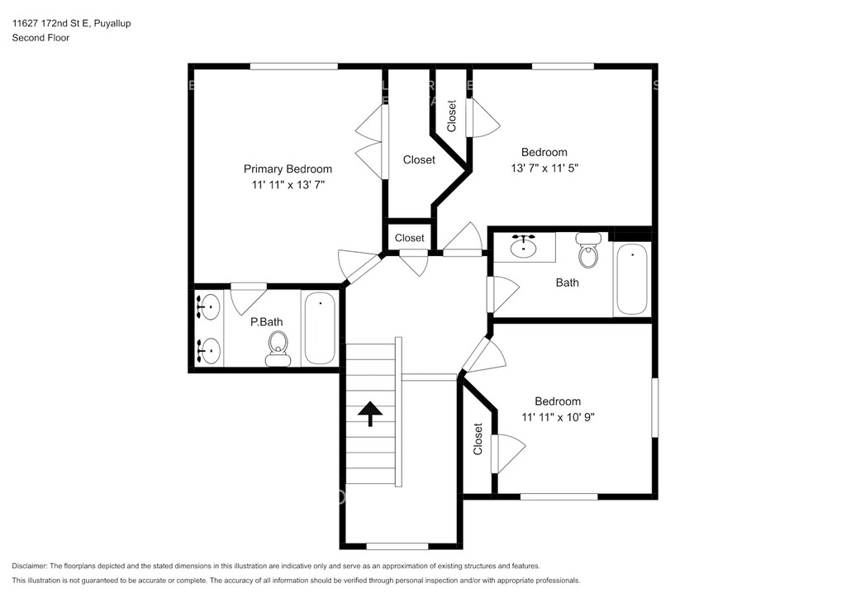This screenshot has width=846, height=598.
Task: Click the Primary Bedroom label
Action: coord(288,168)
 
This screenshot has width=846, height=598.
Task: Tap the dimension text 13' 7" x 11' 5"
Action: coord(544,168)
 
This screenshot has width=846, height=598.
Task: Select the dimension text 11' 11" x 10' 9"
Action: coord(558,417)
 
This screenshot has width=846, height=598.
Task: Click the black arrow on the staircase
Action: coord(370,414)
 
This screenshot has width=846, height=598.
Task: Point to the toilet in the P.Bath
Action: coord(278,349)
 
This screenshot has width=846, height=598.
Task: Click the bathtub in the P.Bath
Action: coord(320,328)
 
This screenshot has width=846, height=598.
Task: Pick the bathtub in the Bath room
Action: coord(632,279)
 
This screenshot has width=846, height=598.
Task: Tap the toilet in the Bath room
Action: coord(588,250)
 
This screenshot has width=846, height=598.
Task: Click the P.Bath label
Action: coord(267,322)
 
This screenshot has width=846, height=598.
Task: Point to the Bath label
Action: coord(567,282)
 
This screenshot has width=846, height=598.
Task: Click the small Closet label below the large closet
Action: coord(410,238)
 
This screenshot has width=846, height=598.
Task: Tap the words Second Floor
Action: coord(40,38)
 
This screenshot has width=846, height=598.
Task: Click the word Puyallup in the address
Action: coord(112,23)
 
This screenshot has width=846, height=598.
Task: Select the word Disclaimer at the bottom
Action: coord(29,566)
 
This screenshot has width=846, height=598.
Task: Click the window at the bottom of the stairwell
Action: coord(397,546)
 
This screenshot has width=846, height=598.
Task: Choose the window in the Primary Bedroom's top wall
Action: coord(294,66)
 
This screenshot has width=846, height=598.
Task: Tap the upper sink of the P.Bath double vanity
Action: coord(208,306)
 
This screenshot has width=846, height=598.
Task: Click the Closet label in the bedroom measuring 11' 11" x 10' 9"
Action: coord(478,439)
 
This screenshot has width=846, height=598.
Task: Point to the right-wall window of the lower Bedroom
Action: coord(655,408)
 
